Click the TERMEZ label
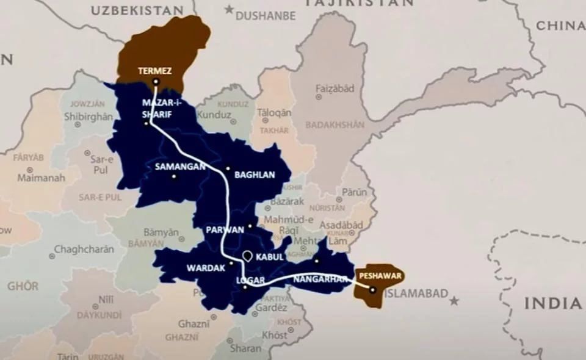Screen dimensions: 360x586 point(154,71)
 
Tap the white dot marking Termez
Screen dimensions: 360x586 point(156,81)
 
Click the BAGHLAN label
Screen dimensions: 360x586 point(255,175)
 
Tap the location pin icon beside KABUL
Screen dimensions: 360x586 point(247,257)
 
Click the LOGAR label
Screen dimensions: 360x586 point(250,281)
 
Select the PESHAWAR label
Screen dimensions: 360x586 point(380,276)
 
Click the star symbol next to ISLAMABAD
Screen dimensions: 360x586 point(454,301)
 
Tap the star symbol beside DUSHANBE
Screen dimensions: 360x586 point(229,9)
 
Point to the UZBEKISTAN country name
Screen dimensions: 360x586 point(137,10)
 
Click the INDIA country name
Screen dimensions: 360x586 point(552,303)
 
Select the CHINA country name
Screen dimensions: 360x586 point(560,26)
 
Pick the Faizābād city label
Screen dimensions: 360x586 point(335,88)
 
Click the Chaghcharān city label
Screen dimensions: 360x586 point(84,249)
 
